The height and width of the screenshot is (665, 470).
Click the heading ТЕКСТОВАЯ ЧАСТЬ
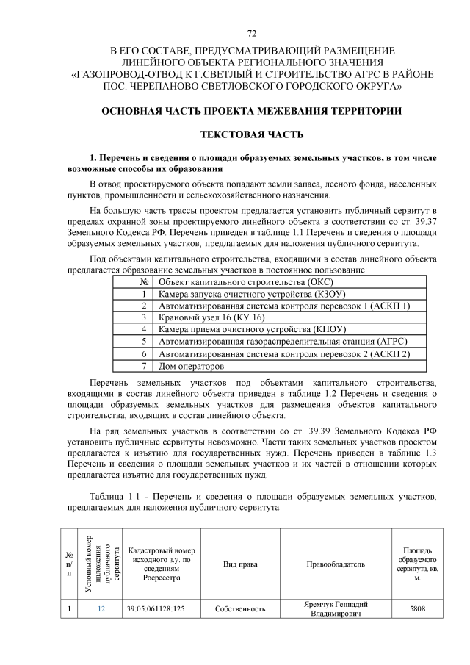coord(252,135)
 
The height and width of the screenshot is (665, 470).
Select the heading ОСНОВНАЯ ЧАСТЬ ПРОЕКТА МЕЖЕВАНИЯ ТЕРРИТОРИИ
coord(252,111)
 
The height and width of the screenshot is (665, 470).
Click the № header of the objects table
coord(145,281)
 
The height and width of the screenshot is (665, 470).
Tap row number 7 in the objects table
coord(145,365)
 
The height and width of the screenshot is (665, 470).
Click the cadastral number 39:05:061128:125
coord(155,609)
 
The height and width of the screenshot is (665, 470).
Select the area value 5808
coord(417,609)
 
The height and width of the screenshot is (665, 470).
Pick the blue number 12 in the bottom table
coord(101,609)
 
